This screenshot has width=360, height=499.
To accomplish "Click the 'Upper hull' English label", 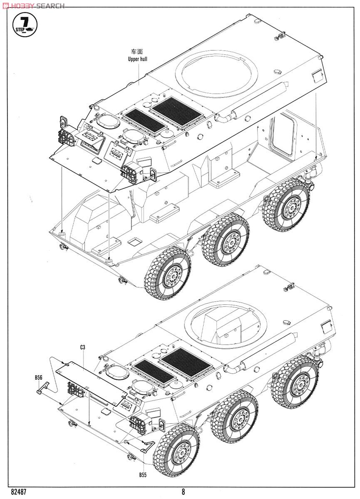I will (137, 59).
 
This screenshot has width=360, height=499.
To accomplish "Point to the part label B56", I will (38, 378).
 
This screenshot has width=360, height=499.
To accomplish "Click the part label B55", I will (143, 474).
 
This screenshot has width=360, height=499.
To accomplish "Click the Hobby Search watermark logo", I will (33, 5).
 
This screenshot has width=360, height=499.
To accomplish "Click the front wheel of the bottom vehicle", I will (177, 450).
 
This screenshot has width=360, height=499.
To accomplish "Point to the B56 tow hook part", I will (43, 388).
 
